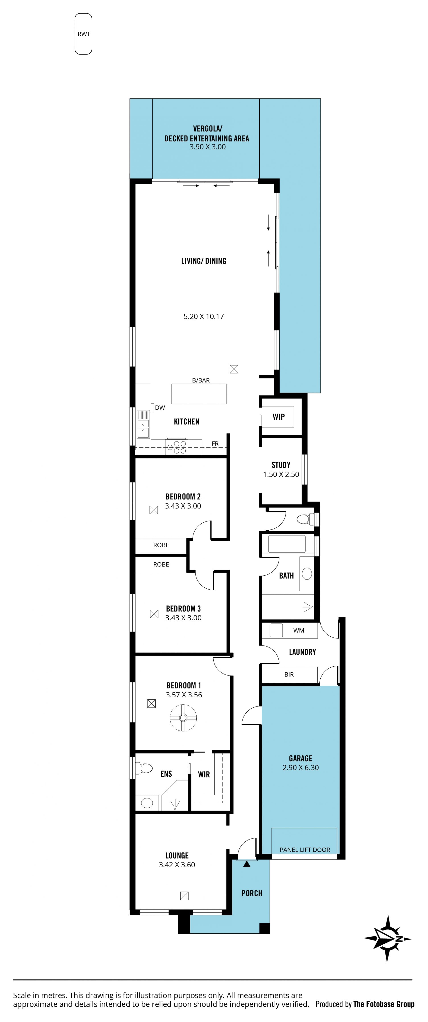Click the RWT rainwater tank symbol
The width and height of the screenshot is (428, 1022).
click(x=83, y=34)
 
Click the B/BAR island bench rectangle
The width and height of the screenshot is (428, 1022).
click(x=199, y=394)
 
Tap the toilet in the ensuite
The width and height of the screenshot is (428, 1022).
click(x=144, y=768)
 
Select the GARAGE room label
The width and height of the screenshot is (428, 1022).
click(x=300, y=758)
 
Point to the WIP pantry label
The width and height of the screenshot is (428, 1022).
click(x=279, y=417)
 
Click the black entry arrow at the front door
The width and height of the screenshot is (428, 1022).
click(x=247, y=863)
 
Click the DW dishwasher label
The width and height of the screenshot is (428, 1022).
click(x=160, y=407)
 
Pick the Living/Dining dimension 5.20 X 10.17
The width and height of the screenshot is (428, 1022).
click(x=204, y=316)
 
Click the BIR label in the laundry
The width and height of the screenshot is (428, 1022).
click(x=289, y=674)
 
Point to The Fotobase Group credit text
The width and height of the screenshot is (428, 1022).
click(x=384, y=1004)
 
